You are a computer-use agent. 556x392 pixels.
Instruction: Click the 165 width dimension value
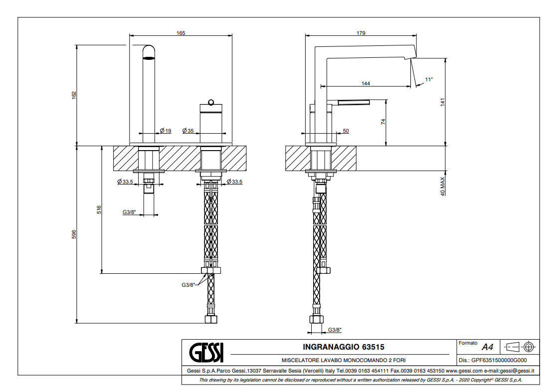click(181, 33)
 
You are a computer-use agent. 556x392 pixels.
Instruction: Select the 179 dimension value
click(361, 33)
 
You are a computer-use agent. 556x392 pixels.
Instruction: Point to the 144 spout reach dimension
click(366, 83)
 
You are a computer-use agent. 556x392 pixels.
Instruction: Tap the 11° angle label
click(429, 79)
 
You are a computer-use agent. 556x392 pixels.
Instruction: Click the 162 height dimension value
click(74, 95)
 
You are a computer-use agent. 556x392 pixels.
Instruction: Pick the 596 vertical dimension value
click(74, 234)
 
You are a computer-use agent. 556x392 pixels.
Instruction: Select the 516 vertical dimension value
click(99, 209)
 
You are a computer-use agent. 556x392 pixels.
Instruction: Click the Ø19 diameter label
click(166, 131)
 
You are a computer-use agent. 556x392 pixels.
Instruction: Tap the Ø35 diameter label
click(188, 131)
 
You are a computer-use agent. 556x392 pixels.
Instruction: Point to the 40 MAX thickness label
click(442, 187)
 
